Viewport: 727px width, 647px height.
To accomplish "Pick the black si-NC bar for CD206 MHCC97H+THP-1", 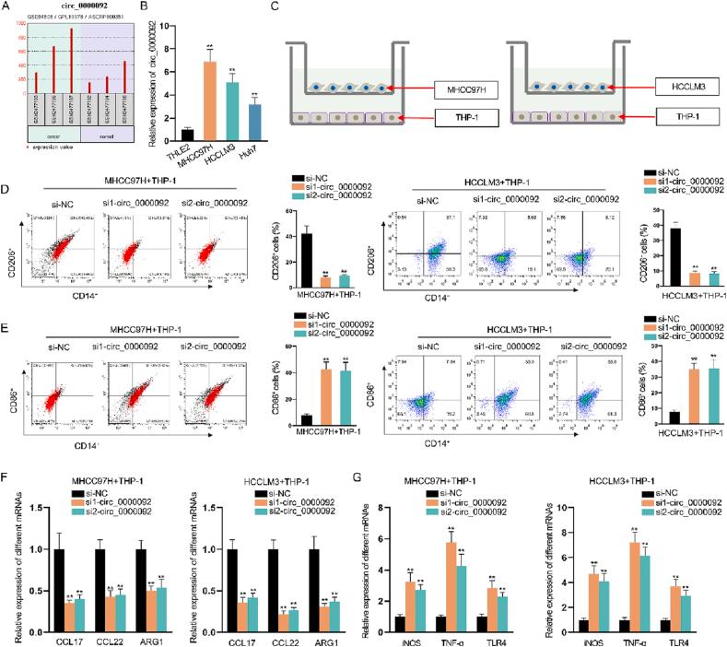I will pos(299,276).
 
